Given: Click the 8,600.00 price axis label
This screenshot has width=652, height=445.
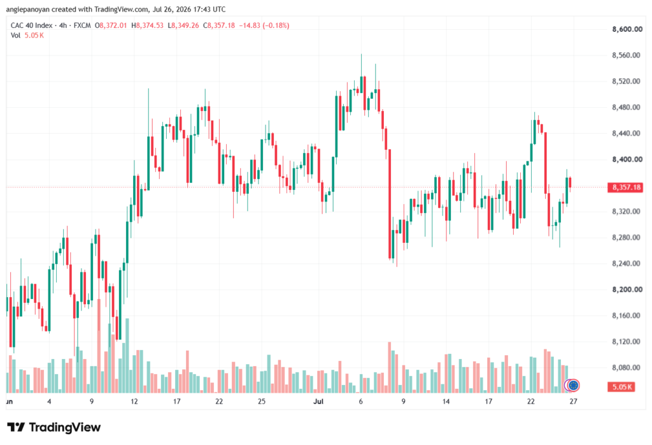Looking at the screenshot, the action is [627, 29].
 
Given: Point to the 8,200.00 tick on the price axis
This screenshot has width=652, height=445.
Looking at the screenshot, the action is [627, 289].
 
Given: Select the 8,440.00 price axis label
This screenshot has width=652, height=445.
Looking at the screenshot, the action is [626, 133].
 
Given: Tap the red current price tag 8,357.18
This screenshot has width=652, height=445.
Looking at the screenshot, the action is [627, 187].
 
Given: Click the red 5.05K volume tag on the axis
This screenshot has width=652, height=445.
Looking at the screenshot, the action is [621, 387].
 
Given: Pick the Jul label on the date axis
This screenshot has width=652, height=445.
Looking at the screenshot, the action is [318, 401].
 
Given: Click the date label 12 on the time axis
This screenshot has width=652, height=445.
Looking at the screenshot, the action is [134, 401].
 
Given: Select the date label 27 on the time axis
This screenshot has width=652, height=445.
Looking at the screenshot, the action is [574, 401].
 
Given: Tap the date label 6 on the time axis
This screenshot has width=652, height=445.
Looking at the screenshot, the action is [360, 401].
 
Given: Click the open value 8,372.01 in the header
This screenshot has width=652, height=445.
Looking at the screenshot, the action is [113, 26].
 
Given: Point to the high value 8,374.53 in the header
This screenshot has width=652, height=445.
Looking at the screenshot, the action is [150, 26].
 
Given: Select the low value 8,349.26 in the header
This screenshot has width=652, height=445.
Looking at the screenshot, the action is [185, 26].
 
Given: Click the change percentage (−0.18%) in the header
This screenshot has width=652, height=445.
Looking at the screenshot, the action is [276, 26].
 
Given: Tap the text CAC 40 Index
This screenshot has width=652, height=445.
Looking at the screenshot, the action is [32, 26].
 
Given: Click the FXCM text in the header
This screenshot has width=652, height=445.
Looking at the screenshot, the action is [82, 26].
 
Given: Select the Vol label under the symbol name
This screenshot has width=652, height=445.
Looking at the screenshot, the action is [15, 36].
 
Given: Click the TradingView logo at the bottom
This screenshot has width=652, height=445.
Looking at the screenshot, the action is [54, 428].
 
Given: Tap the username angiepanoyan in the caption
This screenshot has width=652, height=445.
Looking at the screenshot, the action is [27, 9].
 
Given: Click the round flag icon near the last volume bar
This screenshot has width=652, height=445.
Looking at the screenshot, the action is [574, 386].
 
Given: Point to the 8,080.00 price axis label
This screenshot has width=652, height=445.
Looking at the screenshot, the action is [626, 368].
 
